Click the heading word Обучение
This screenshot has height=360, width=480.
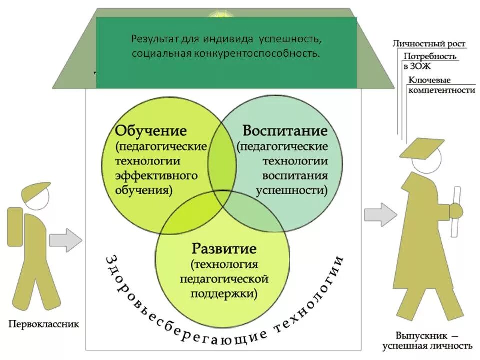151,131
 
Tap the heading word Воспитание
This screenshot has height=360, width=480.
285,131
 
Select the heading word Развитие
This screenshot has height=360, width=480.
224,248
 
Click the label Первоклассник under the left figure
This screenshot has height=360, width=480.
44,324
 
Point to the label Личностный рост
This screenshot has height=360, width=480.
429,44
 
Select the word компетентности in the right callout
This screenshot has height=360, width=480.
441,90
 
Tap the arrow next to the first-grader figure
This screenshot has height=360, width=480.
65,240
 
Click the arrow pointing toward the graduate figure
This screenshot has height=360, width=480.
380,215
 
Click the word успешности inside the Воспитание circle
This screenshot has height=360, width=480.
292,190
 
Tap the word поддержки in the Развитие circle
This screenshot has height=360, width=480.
224,293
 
